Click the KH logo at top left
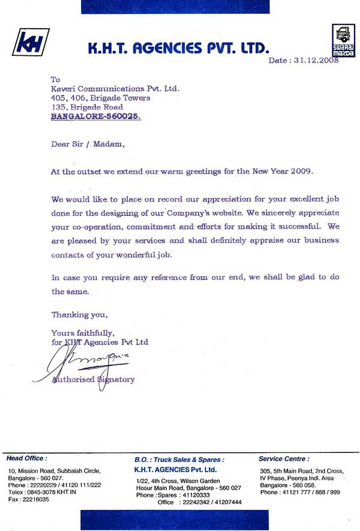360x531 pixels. [x=29, y=43]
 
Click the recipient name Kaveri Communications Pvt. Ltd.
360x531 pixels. [x=115, y=89]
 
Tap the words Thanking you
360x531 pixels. [x=79, y=314]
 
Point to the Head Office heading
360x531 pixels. [x=26, y=458]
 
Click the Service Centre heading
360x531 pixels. [x=284, y=458]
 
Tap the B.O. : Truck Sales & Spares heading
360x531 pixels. [x=179, y=459]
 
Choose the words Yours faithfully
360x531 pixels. [x=82, y=332]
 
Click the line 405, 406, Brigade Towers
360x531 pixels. [x=100, y=98]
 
